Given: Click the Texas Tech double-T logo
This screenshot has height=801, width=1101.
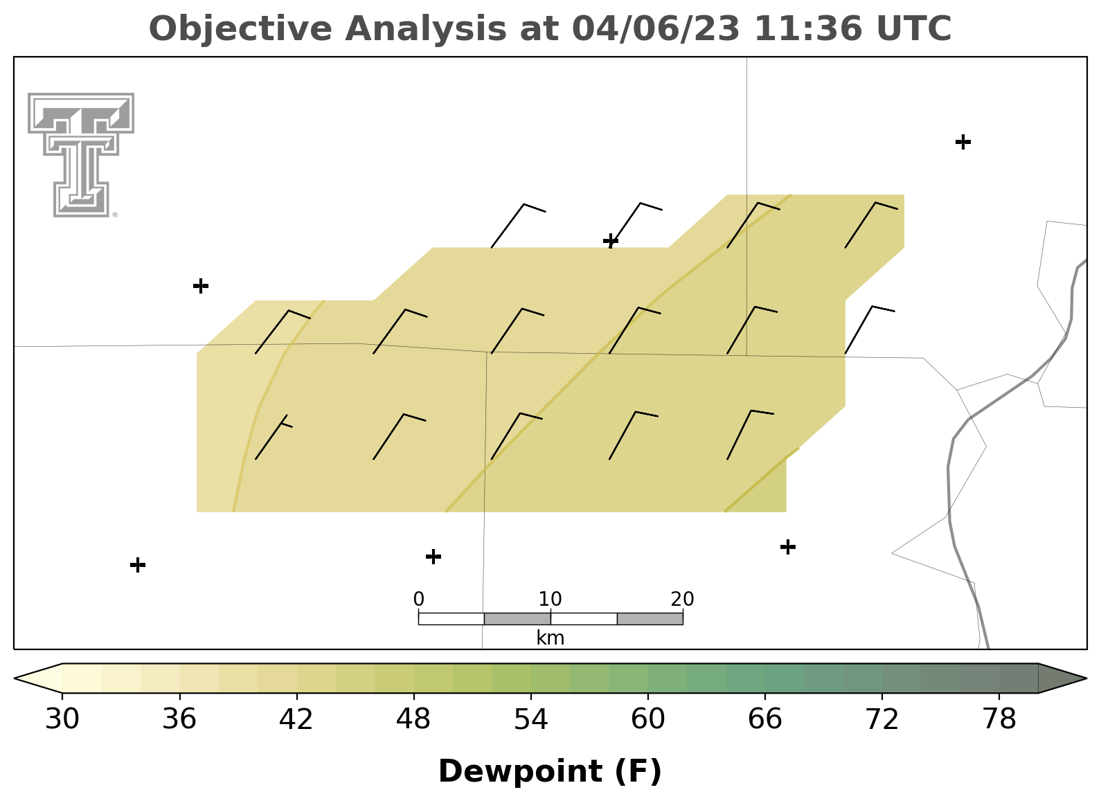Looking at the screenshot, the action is (x=81, y=154).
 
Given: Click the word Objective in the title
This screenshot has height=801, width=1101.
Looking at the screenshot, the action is (x=241, y=28).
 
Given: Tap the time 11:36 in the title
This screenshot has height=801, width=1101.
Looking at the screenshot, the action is (x=808, y=28).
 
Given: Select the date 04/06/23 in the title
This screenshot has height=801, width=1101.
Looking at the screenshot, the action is (x=656, y=28).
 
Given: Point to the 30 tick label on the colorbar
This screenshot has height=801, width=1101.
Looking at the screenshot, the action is (x=62, y=719).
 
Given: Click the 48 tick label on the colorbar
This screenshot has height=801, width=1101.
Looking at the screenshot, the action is (x=413, y=719).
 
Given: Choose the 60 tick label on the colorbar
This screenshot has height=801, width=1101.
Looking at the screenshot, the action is (x=648, y=719).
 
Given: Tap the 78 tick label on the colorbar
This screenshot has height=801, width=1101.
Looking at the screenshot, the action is (x=999, y=719).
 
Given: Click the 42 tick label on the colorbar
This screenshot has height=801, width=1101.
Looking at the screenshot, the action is (x=296, y=719).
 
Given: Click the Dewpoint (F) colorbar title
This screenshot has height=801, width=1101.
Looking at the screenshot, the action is (x=550, y=771).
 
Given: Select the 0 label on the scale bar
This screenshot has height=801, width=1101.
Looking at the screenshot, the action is (x=419, y=600).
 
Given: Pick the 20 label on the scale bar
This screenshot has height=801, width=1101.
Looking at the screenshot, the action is (x=682, y=600).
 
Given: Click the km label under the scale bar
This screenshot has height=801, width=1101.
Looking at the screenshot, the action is (x=550, y=638).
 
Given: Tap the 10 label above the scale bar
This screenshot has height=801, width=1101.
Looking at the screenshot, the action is (x=550, y=600).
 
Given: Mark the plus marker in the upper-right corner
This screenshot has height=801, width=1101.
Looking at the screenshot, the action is (x=963, y=142).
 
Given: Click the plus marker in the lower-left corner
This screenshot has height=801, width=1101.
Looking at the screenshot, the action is (x=138, y=565).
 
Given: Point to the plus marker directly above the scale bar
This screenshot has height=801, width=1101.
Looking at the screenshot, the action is (x=433, y=557).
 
